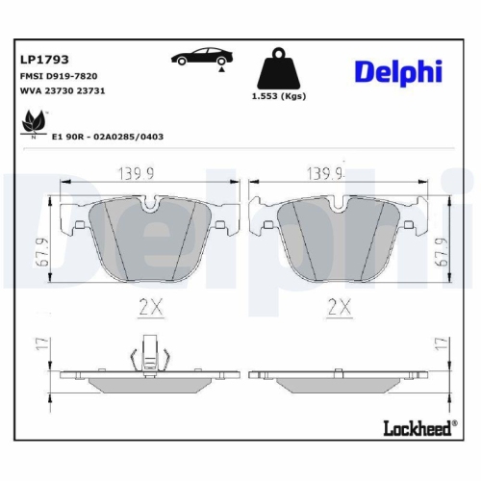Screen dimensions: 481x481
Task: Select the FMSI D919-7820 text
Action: pos(58,75)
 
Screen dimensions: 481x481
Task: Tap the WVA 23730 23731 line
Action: pos(63,89)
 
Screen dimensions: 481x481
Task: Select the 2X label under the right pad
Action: pos(338,309)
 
